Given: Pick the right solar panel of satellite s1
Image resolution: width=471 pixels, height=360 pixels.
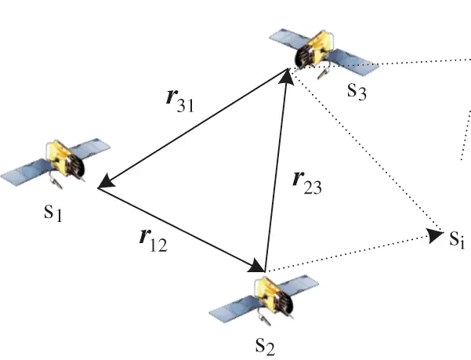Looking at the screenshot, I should [98, 147].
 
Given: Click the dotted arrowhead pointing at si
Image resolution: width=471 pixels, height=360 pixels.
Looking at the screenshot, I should [432, 234].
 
